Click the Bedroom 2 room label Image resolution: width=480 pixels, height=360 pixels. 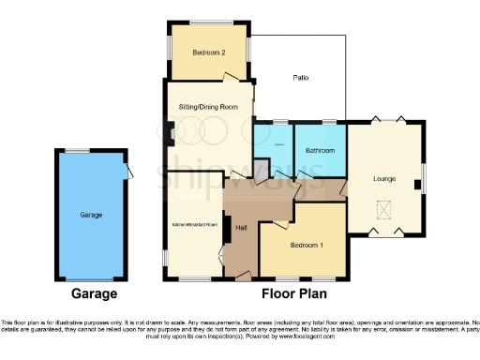click(x=209, y=53)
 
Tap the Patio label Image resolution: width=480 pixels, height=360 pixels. click(x=300, y=78)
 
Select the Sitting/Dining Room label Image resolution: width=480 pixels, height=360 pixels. click(x=209, y=107)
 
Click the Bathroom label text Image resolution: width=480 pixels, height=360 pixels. click(x=320, y=149)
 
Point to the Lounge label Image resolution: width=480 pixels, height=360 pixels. click(x=382, y=179)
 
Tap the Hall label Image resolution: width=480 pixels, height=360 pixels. click(x=240, y=226)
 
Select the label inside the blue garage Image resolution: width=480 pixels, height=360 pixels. click(x=91, y=215)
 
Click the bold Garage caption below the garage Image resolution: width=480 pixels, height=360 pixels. click(x=91, y=294)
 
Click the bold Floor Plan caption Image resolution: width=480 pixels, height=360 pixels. click(x=291, y=294)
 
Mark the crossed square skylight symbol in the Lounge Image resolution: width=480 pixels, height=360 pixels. click(x=382, y=209)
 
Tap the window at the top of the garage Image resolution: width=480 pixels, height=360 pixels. click(x=77, y=152)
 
